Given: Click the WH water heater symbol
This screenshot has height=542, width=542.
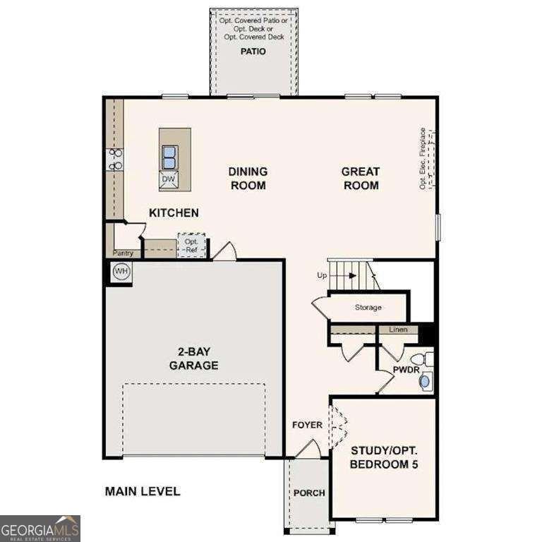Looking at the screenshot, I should coord(121,272).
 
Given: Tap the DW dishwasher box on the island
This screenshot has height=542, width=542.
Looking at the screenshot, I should coord(168,179).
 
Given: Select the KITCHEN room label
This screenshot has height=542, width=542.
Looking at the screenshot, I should coord(174,212).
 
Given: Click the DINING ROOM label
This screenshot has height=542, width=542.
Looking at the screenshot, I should coord(247,178).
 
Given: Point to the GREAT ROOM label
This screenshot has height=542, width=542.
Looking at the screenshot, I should coord(360,178).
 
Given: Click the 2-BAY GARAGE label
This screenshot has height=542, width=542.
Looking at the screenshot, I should coord(193,359).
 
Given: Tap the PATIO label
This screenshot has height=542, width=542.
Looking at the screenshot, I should coord(253,52).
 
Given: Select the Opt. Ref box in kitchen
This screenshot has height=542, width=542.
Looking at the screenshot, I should coord(191,246).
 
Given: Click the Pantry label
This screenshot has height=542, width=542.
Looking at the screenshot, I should coord(123,253).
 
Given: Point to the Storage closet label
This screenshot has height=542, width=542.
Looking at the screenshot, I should coord(368,308).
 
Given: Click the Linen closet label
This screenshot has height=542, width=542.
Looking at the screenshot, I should coord(398,330).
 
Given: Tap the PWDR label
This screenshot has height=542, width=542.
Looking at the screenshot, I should coord(406,369).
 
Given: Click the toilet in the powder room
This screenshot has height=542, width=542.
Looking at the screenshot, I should coord(421,359).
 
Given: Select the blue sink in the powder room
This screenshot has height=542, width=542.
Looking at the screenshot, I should coord(425,382).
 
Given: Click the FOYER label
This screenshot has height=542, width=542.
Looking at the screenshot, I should coord(307,425).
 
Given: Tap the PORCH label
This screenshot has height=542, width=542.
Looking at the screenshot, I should coord(309,493).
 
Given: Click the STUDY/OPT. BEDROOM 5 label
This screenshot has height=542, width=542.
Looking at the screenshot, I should coord(383,457).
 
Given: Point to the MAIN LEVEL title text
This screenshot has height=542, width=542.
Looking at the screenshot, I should coord(143,491).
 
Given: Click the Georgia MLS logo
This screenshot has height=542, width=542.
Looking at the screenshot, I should coord(40,528).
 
